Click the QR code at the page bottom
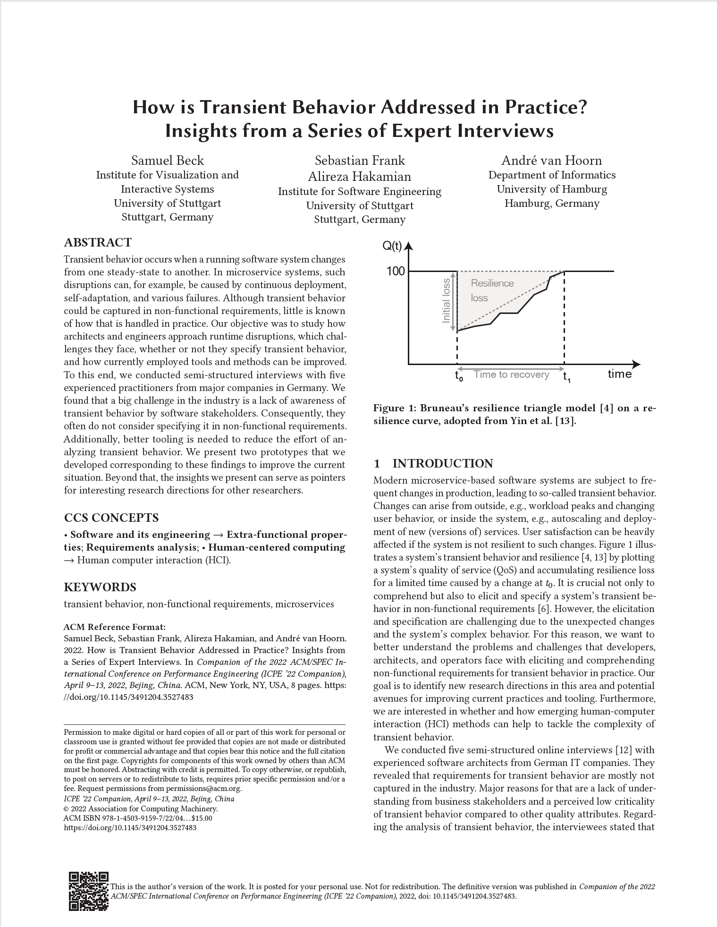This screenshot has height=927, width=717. click(88, 891)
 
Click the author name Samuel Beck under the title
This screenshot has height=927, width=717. click(168, 161)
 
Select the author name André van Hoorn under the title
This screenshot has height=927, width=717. click(551, 161)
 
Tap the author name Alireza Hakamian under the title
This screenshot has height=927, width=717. click(359, 177)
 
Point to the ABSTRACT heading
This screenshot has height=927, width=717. click(98, 243)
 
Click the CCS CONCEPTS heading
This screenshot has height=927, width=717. click(111, 518)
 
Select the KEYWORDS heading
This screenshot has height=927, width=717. click(100, 587)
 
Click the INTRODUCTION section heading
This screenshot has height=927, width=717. click(442, 464)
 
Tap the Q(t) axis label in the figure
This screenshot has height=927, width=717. click(392, 246)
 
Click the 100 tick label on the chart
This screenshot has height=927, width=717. click(396, 271)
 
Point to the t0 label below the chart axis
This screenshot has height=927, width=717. click(459, 376)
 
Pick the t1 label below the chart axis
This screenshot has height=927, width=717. click(566, 377)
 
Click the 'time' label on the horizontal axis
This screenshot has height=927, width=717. click(619, 374)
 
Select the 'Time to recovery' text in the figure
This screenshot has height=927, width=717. click(511, 375)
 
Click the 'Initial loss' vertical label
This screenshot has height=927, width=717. click(446, 300)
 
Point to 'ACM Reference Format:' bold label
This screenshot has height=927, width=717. click(115, 627)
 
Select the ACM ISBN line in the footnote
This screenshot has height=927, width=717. click(138, 818)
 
